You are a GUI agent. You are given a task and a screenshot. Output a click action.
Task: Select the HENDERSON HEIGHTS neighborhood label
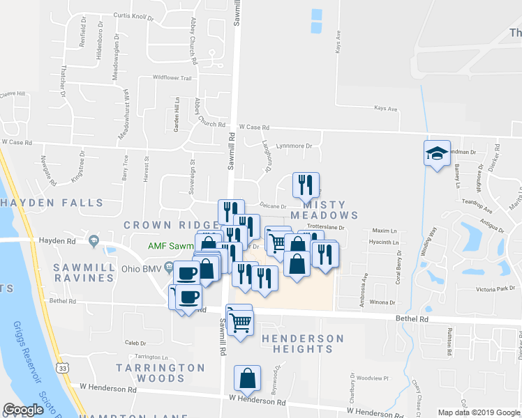click(x=303, y=346)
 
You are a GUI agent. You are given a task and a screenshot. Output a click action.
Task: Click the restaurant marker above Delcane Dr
click(x=306, y=185)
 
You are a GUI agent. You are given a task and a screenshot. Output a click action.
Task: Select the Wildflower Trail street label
click(x=172, y=78)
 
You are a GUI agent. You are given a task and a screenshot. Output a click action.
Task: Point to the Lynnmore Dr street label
click(x=294, y=146)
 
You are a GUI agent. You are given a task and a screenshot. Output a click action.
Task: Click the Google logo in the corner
click(x=24, y=410)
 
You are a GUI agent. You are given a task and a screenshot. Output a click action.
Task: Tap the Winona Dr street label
click(x=382, y=303)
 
